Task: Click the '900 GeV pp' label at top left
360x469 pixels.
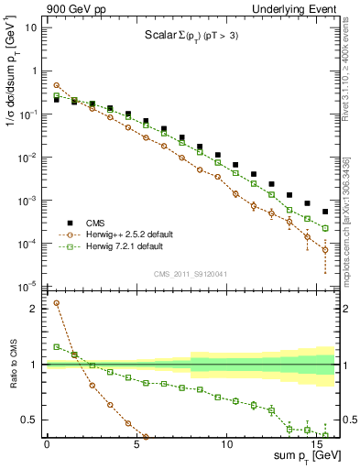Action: coord(73,7)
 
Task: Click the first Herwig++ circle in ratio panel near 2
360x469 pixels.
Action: coord(57,303)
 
